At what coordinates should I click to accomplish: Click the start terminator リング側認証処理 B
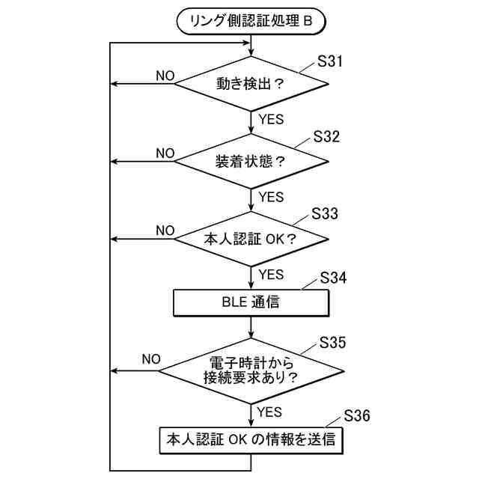point(251,22)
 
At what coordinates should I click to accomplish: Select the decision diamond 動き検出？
point(251,84)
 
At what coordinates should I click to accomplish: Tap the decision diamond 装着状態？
point(251,162)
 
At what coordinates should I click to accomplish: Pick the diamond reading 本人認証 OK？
point(251,239)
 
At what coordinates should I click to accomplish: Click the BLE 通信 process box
point(251,303)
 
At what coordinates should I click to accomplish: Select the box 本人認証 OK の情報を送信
point(251,440)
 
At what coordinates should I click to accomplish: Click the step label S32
point(326,137)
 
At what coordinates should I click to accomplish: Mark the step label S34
point(333,278)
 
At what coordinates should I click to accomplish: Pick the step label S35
point(332,343)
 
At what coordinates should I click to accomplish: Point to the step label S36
point(357,416)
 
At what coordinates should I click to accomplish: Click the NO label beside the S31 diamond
point(165,76)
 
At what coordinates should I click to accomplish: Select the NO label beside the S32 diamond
point(165,153)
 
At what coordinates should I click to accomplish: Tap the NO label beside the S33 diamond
point(165,230)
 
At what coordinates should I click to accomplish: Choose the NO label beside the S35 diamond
point(151,359)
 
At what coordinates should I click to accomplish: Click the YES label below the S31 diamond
point(271,119)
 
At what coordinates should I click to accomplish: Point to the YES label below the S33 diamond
point(271,274)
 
